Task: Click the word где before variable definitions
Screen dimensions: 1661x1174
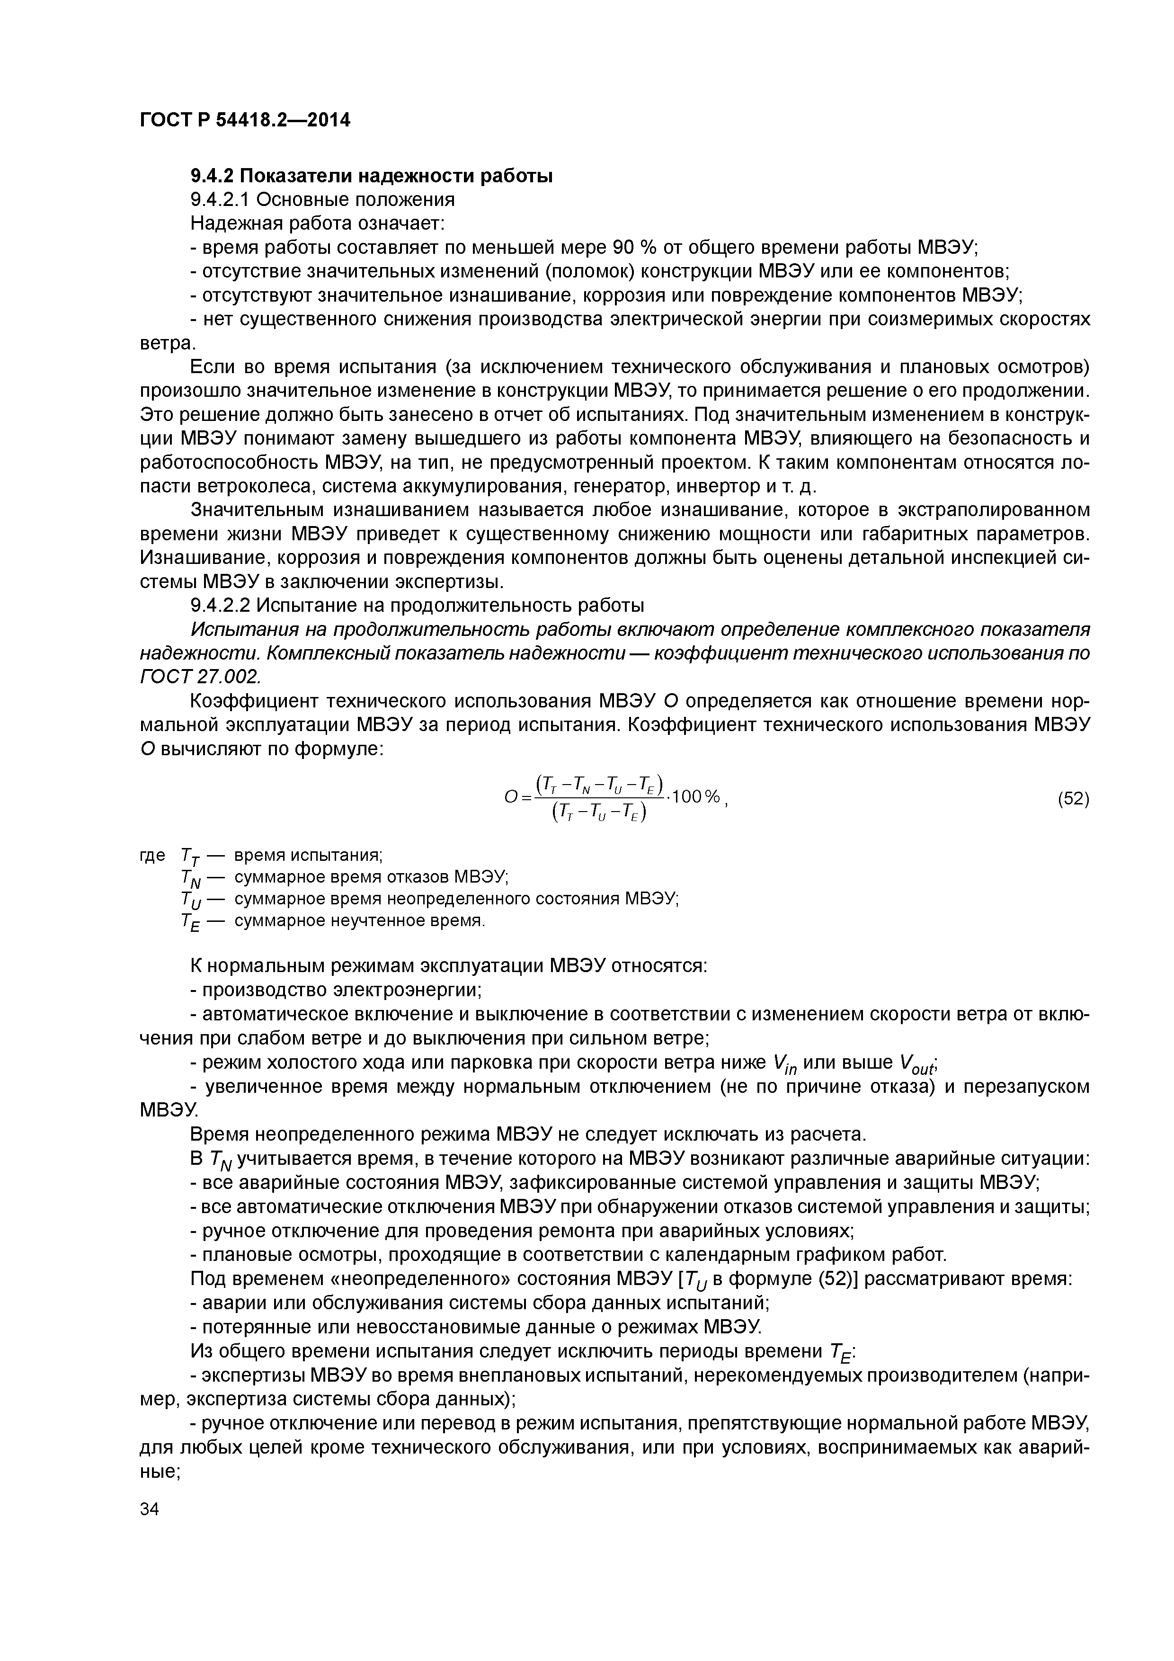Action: click(x=152, y=856)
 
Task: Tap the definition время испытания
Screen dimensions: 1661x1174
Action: click(x=309, y=856)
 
